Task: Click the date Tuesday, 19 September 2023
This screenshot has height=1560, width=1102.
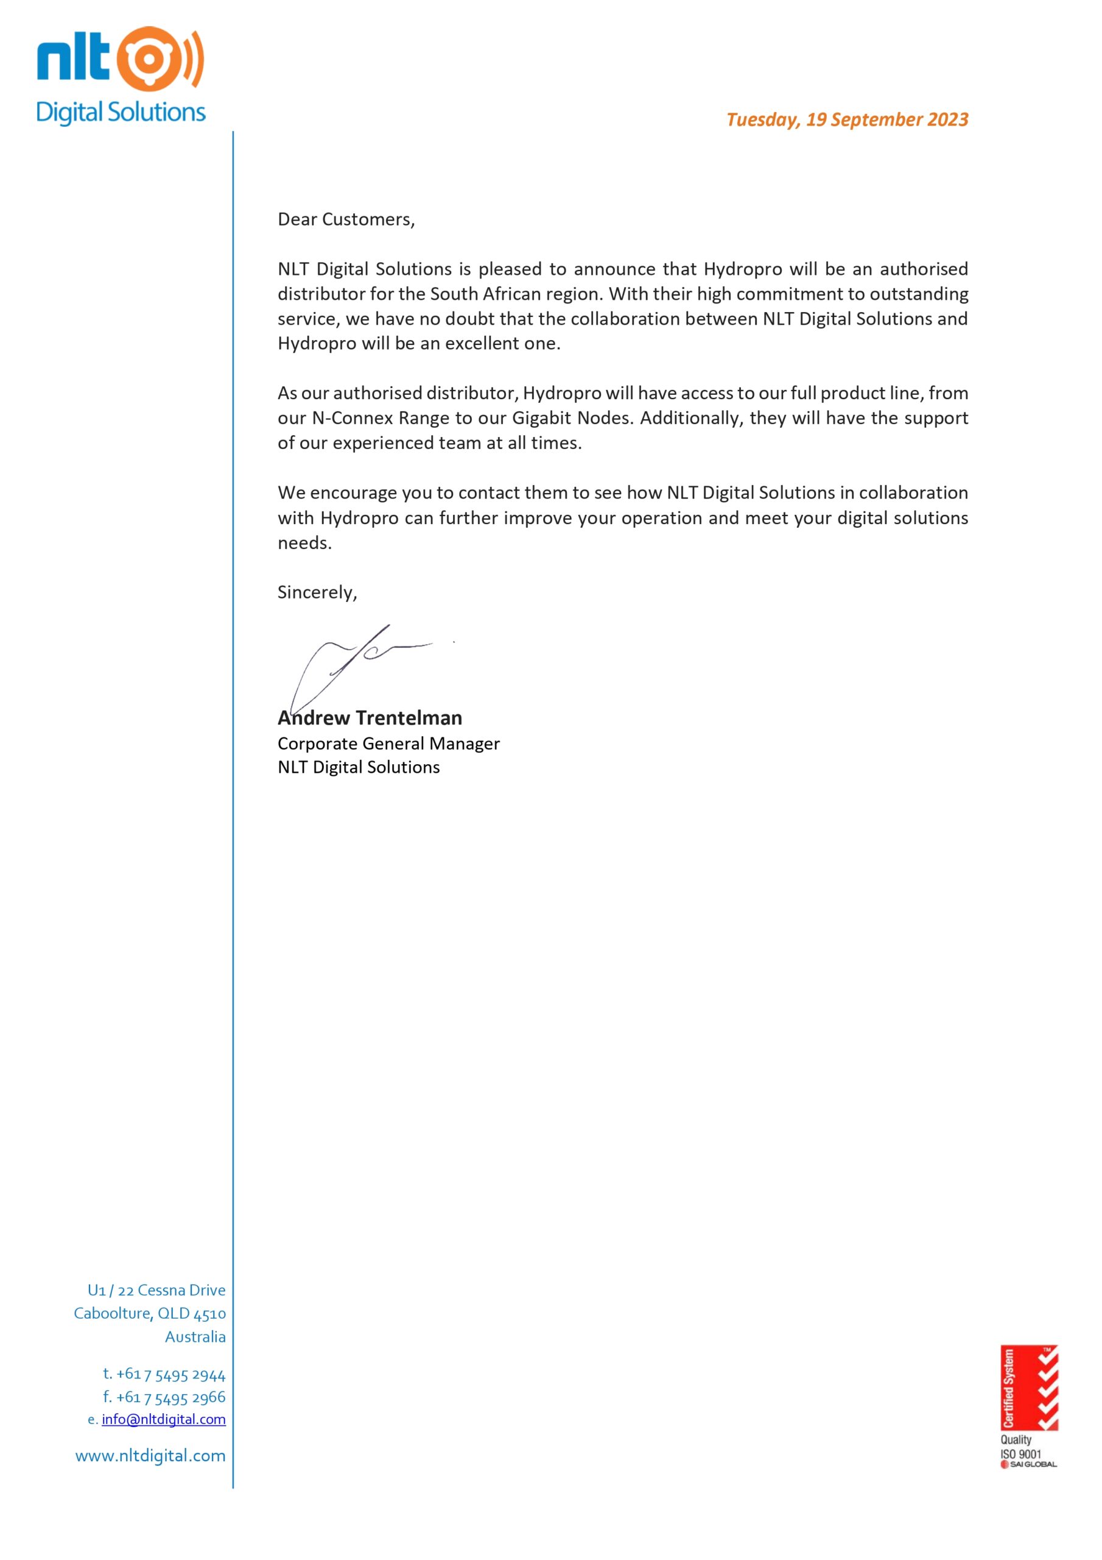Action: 847,119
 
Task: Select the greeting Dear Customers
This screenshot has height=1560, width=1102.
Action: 346,219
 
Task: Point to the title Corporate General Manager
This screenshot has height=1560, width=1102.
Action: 388,743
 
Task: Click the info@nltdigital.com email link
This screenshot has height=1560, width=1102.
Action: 164,1419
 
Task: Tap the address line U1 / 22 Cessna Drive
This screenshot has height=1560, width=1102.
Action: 156,1290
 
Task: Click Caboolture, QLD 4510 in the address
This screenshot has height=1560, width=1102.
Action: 149,1313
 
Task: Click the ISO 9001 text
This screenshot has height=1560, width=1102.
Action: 1020,1454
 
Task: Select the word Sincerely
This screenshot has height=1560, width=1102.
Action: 317,592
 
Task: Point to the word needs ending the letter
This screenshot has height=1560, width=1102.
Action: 304,543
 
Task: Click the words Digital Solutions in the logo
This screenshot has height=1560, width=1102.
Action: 121,113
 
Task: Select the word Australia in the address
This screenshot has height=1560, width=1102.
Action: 195,1336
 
